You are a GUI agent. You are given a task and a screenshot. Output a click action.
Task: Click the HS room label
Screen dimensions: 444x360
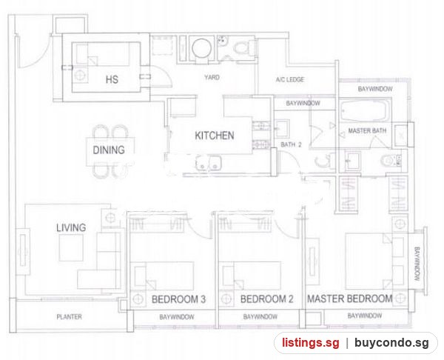tap(112, 79)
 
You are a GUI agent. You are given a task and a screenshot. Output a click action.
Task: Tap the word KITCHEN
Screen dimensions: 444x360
tap(215, 136)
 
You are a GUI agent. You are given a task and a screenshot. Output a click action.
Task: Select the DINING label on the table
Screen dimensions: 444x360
tap(109, 150)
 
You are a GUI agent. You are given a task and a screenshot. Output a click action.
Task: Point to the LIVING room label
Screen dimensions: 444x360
tap(71, 227)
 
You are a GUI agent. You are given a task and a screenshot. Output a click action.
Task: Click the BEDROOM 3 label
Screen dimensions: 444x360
tap(178, 299)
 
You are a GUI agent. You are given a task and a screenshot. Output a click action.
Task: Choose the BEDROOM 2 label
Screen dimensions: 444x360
tap(266, 299)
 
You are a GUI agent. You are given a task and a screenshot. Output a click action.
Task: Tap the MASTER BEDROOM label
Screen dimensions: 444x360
tap(350, 299)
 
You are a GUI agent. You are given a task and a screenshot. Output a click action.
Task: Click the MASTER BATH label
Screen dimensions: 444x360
tap(367, 130)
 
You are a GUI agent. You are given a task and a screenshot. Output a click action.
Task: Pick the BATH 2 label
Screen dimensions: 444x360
tap(291, 144)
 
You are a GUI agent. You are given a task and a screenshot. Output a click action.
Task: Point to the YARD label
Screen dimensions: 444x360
tap(212, 77)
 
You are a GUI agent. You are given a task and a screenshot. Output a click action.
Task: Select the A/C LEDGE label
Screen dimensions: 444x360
tap(290, 79)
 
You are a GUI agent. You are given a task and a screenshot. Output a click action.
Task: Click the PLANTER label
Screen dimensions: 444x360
tap(69, 316)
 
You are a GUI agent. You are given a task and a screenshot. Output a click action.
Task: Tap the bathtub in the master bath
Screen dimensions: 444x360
tap(364, 110)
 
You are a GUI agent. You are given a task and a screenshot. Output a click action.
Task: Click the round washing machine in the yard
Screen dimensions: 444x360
tap(201, 48)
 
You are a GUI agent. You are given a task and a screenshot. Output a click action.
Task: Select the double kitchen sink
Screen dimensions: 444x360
tap(208, 163)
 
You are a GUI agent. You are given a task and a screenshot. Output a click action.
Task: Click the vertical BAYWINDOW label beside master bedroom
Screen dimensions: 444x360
tap(417, 264)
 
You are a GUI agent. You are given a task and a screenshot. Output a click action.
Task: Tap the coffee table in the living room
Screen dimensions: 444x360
tap(71, 247)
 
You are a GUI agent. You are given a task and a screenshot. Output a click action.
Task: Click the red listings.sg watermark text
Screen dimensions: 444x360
tap(310, 343)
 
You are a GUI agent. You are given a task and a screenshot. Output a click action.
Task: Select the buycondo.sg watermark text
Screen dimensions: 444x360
tap(391, 343)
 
